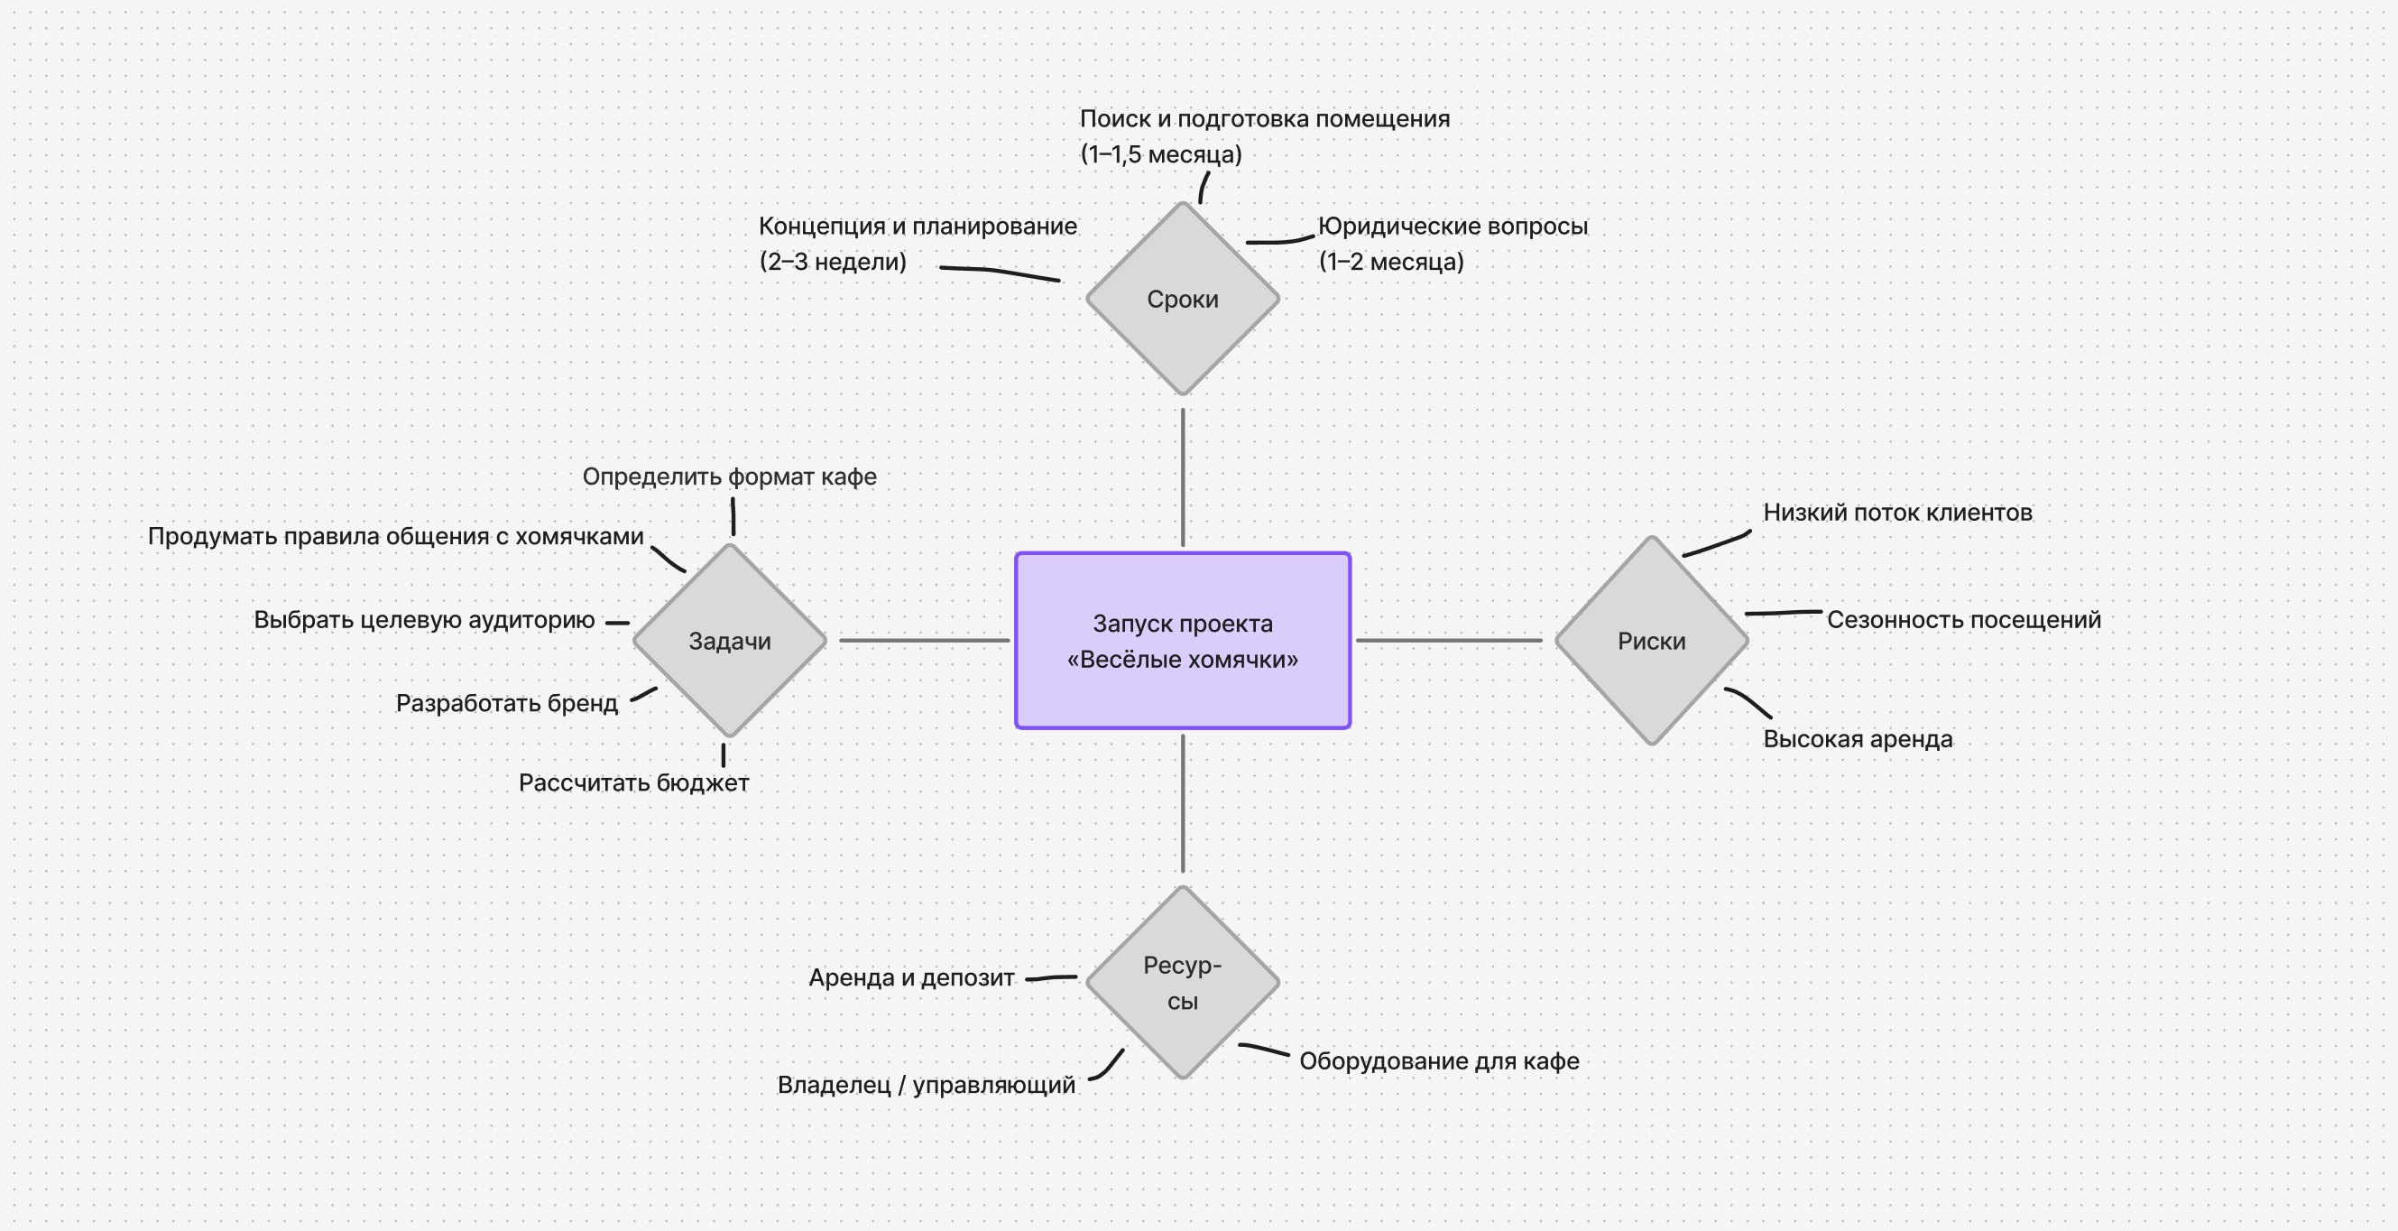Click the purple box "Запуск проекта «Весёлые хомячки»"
point(1182,641)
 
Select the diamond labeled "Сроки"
point(1182,299)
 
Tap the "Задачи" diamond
point(730,641)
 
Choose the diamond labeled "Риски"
point(1651,641)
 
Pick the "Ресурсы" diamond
point(1182,983)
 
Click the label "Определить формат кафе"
point(729,477)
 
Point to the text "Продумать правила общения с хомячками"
point(396,536)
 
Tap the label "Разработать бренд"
point(506,703)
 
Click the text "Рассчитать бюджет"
point(633,783)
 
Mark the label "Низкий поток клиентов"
point(1897,512)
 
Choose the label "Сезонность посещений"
point(1963,620)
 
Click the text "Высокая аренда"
point(1858,739)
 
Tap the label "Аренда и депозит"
point(910,977)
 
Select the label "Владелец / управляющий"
point(926,1085)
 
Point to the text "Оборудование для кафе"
point(1438,1061)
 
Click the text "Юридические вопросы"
point(1453,227)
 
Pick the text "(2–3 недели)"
point(832,262)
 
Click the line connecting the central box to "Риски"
point(1449,641)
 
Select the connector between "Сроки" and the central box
point(1182,477)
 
